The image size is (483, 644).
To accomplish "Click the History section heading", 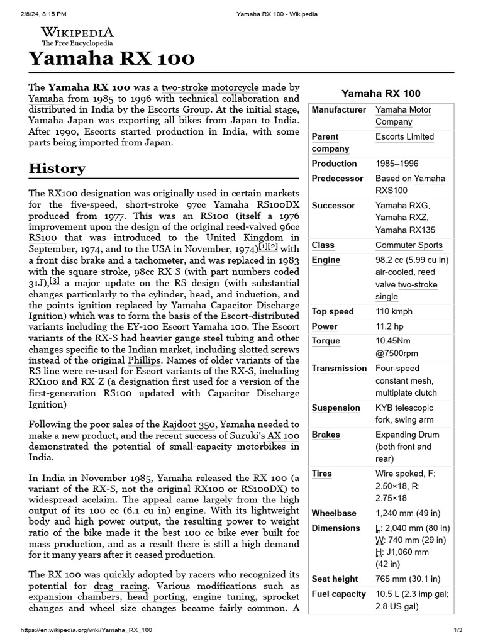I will (x=57, y=169).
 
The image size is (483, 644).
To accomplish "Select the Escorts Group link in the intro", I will (x=202, y=109).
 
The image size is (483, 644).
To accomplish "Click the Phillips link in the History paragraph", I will (x=143, y=360).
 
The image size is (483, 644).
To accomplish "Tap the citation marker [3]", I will (x=55, y=281).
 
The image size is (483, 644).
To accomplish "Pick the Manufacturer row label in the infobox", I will (x=338, y=110).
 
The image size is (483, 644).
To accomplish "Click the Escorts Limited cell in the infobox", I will (x=404, y=136).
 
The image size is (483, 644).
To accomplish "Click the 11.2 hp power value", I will (x=389, y=326).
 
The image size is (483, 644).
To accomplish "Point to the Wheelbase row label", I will (x=334, y=513).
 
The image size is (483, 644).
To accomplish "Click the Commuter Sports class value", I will (x=409, y=245).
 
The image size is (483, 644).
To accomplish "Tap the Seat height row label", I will (x=335, y=579).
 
